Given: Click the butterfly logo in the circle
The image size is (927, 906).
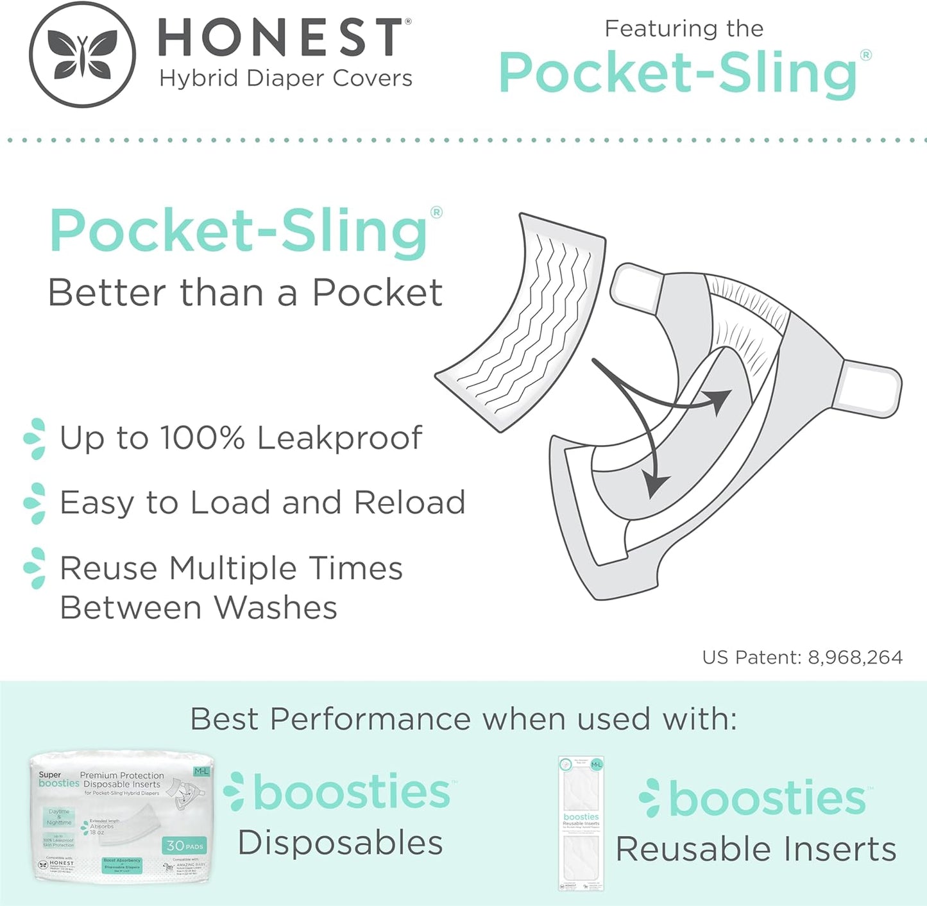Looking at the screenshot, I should click(82, 54).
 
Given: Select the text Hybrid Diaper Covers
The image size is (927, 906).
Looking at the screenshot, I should click(285, 78).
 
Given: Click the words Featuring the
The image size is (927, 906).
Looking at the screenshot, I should click(684, 29).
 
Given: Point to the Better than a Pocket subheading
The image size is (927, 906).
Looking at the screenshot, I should click(245, 293).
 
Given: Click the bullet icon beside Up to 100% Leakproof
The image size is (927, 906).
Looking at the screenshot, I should click(35, 439).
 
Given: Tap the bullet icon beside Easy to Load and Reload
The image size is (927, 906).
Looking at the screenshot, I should click(35, 503).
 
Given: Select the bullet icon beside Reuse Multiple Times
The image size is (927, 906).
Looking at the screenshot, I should click(35, 568).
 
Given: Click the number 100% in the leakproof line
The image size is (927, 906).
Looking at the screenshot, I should click(202, 438).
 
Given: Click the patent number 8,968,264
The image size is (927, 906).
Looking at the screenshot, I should click(855, 657).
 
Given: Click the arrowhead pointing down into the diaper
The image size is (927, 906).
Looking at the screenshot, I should click(655, 484).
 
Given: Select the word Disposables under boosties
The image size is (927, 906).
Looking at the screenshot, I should click(340, 843).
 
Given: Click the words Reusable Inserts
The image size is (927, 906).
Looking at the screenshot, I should click(756, 849).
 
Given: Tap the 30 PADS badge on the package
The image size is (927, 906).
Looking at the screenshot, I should click(184, 846).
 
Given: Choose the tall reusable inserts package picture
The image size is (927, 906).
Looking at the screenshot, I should click(581, 823).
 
